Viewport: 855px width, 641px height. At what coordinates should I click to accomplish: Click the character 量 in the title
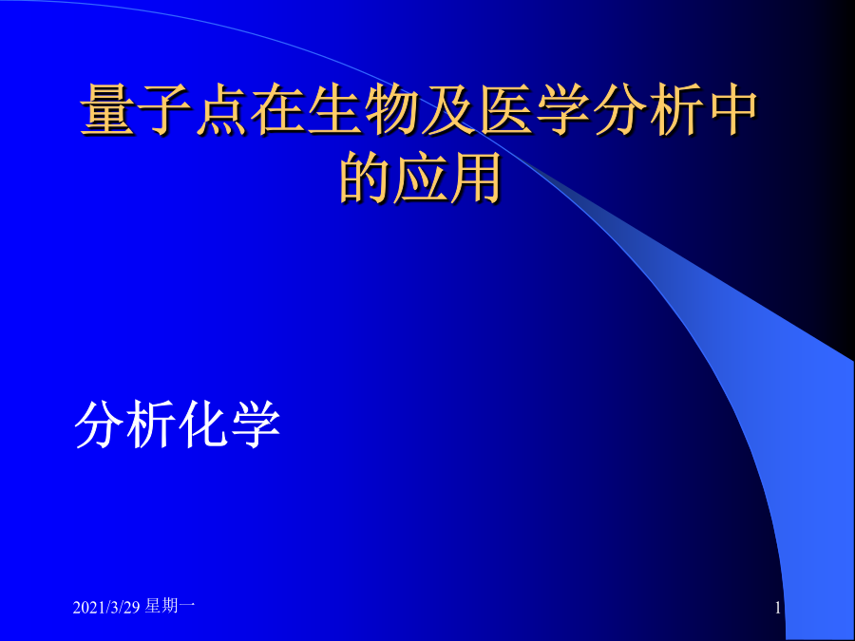[x=108, y=109]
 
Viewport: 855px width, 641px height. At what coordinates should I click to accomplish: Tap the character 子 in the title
[x=164, y=109]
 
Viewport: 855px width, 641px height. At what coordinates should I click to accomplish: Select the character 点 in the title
[x=221, y=109]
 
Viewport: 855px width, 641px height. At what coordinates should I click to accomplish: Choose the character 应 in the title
[x=420, y=178]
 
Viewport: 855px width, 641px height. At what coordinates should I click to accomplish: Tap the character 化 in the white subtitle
[x=203, y=424]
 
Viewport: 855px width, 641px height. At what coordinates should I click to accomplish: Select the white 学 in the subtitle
[x=256, y=424]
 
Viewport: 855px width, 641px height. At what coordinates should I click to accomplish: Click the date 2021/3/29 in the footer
[x=106, y=607]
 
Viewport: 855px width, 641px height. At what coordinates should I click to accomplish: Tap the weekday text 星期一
[x=170, y=606]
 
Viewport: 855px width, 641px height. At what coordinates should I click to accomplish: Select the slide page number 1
[x=778, y=608]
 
